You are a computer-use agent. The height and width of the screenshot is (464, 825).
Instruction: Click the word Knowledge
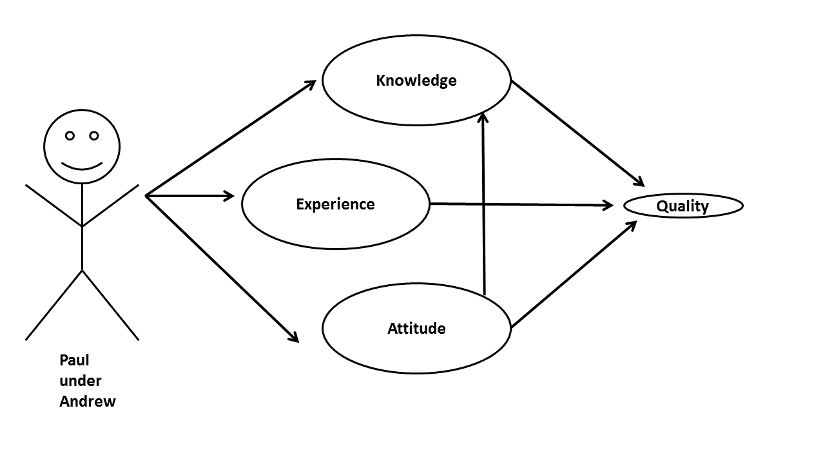(416, 81)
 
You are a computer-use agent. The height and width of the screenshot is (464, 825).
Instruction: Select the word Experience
(335, 204)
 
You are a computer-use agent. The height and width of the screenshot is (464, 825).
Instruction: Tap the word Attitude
(416, 329)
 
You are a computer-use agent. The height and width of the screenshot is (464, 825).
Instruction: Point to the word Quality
(683, 206)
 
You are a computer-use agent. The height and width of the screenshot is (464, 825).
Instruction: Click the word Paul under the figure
(74, 360)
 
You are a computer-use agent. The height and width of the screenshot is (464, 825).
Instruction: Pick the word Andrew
(88, 401)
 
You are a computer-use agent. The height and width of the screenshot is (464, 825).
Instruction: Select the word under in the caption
(81, 381)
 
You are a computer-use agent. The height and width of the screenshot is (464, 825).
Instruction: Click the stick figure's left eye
(70, 135)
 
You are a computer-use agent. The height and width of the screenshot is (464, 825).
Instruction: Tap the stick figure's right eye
(94, 135)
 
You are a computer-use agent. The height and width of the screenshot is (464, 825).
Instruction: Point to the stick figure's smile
(82, 166)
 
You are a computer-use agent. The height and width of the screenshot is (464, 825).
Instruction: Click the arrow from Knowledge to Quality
(577, 132)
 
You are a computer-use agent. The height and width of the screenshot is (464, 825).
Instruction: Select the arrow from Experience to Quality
(522, 204)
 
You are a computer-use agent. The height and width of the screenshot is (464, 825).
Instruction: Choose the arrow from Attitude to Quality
(574, 274)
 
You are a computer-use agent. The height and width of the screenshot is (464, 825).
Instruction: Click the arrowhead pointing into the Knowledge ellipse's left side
(309, 83)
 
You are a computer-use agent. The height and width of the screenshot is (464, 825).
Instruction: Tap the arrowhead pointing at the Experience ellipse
(229, 195)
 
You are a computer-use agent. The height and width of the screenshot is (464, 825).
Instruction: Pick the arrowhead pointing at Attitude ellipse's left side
(293, 336)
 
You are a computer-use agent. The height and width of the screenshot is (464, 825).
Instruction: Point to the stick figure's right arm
(110, 206)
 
